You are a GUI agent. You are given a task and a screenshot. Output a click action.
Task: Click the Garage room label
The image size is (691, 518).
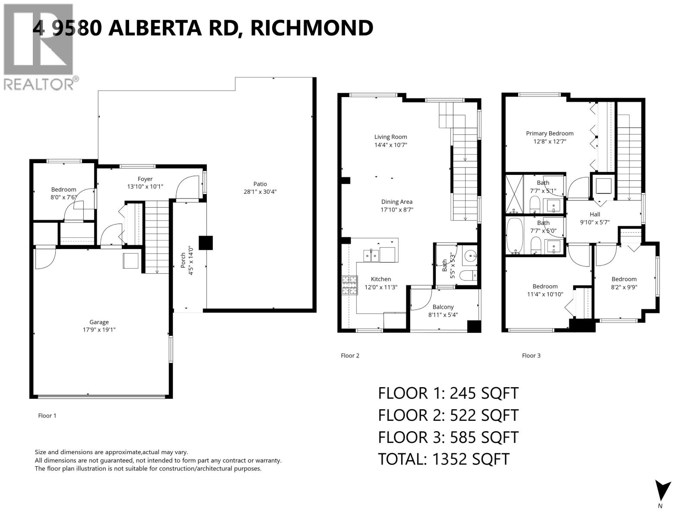tap(99, 322)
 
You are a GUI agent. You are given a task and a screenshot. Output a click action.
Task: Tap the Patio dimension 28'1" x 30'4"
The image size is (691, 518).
tap(260, 192)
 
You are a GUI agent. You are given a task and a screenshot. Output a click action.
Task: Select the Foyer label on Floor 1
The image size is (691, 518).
tap(145, 179)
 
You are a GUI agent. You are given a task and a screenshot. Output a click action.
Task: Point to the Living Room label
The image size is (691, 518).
tap(390, 137)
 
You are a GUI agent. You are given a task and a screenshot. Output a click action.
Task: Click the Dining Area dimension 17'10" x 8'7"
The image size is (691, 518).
tap(396, 210)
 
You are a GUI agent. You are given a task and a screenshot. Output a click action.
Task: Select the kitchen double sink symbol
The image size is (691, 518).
tap(371, 256)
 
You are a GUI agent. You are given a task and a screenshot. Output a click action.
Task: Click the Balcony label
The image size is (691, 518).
tap(443, 307)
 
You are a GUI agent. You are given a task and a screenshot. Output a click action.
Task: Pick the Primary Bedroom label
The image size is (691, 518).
tap(549, 133)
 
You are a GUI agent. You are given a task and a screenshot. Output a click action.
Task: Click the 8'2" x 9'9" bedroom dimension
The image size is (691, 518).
tap(624, 287)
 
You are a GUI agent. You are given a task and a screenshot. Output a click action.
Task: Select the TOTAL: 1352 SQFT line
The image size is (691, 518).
tap(444, 459)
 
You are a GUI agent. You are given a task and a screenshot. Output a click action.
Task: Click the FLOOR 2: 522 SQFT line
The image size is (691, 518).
tap(448, 415)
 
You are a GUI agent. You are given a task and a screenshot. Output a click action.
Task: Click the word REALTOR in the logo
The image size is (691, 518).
tap(39, 84)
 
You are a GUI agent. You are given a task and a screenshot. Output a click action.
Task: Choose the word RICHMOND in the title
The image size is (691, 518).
tap(311, 28)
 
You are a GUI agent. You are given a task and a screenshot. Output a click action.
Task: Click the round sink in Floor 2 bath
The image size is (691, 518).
tap(469, 257)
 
